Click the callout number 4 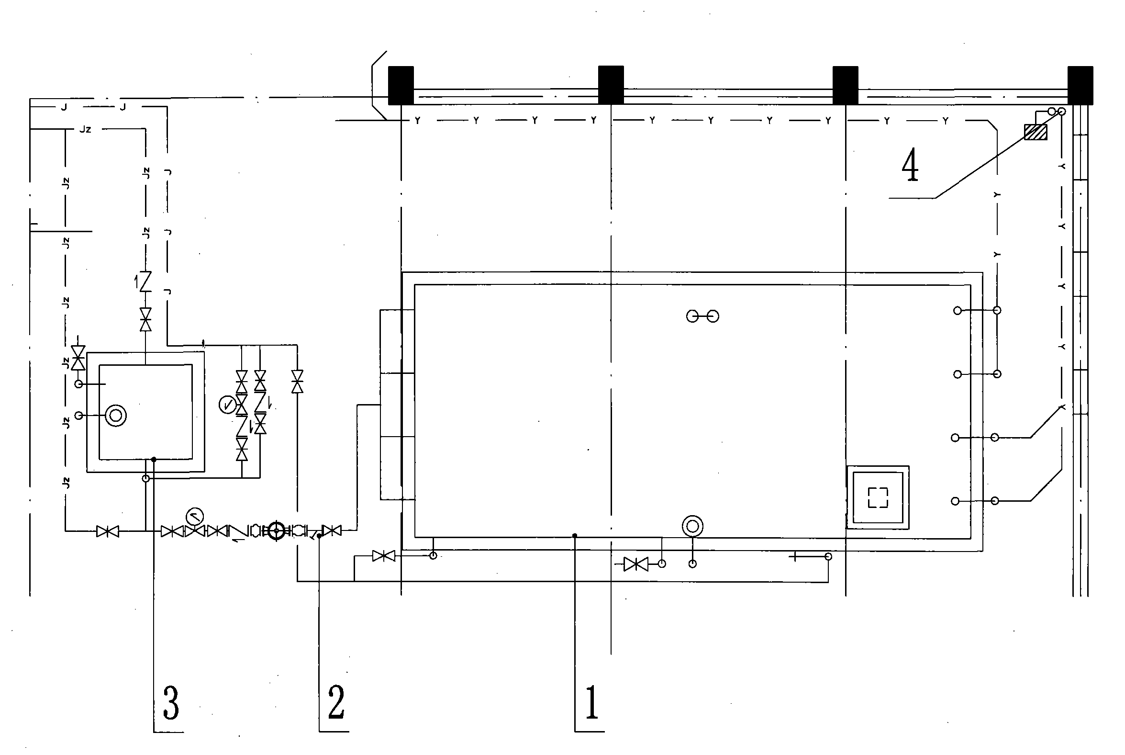point(910,165)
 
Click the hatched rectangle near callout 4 point(1036,132)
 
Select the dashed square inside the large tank point(878,497)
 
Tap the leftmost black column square point(401,85)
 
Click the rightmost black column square point(1080,85)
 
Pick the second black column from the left point(611,85)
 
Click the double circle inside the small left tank point(115,415)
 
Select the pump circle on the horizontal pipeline point(276,530)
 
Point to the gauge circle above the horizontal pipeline point(194,517)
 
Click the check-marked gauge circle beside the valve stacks point(228,404)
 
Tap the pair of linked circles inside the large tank point(702,316)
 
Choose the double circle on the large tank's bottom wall point(692,526)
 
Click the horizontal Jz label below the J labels point(85,129)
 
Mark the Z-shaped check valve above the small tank point(145,281)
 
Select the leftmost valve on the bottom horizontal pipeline point(107,531)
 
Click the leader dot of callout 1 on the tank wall point(575,535)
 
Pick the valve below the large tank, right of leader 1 point(635,564)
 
